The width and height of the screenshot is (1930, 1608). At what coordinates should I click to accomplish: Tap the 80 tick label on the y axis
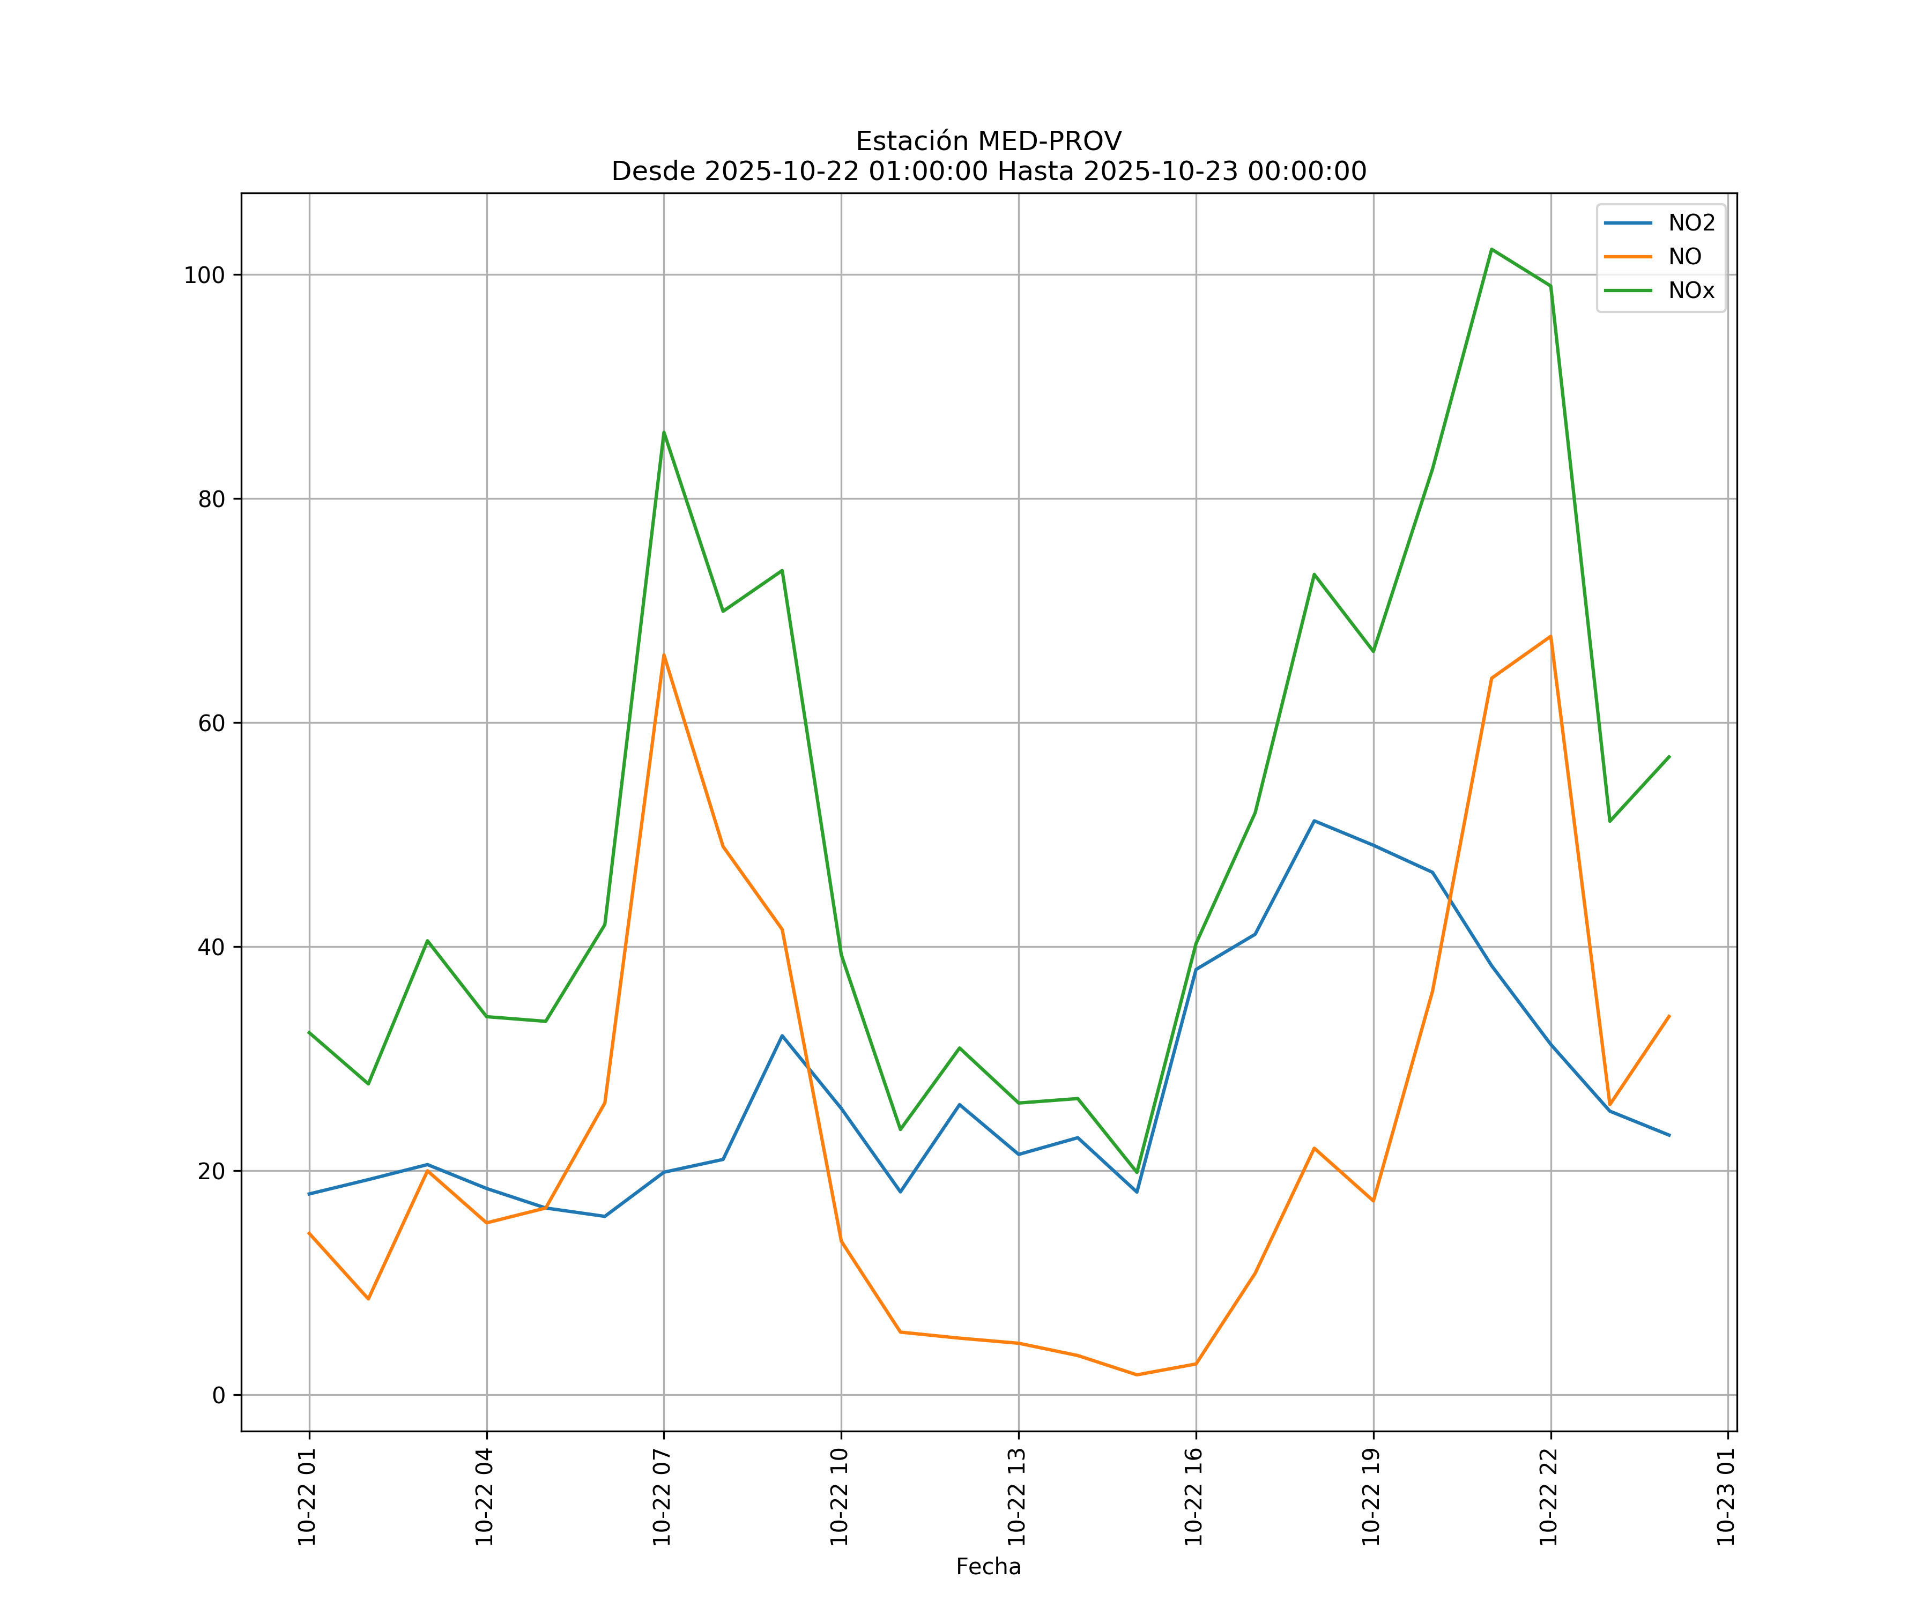tap(211, 499)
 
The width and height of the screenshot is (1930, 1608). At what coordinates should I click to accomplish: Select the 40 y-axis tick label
tap(211, 947)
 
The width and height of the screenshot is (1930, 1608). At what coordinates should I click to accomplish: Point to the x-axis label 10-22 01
tap(308, 1497)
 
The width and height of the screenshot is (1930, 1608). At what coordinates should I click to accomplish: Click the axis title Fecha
tap(988, 1567)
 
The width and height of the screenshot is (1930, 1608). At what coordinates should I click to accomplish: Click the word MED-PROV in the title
tap(1050, 142)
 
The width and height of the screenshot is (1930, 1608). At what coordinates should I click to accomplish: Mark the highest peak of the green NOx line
tap(1491, 249)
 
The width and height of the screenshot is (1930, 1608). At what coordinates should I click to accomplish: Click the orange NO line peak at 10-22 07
tap(664, 655)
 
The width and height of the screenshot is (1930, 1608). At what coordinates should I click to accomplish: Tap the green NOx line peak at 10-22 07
tap(664, 432)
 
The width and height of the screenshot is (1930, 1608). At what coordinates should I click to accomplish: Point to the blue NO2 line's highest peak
tap(1314, 821)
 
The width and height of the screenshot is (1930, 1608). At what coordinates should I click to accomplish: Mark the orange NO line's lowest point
tap(1137, 1375)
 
